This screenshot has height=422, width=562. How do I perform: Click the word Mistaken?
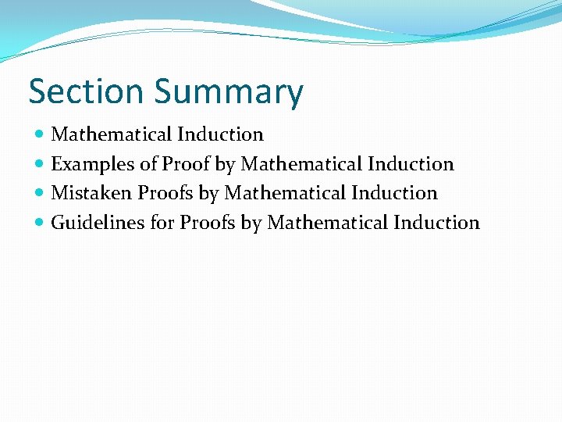click(91, 193)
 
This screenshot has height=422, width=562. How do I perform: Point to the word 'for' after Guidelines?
click(162, 223)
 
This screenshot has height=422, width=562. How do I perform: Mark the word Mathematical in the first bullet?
click(112, 134)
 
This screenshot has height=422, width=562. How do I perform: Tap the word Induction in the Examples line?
click(411, 164)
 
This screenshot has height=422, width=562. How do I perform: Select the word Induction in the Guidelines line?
click(436, 223)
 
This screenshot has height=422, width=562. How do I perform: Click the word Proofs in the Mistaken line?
click(165, 193)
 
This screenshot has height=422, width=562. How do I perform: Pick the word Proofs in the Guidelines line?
click(208, 223)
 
